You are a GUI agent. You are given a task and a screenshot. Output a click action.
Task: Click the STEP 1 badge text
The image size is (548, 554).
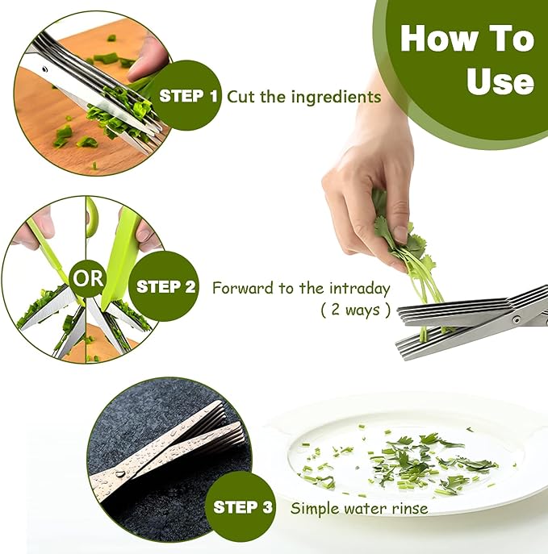[188, 96]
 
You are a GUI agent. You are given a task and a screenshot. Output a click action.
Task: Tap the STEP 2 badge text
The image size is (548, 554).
[165, 286]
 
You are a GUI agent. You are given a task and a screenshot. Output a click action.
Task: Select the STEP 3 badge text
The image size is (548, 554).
[243, 507]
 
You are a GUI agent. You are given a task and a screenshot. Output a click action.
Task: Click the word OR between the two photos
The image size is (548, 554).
[88, 278]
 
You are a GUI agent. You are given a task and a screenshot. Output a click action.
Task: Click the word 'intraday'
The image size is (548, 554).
[360, 289]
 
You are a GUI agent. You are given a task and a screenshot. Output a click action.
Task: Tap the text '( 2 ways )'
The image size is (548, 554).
[356, 310]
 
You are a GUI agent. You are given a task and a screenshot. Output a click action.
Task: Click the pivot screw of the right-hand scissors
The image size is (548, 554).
[517, 320]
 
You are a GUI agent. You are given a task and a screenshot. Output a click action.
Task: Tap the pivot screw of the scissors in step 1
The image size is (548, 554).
[45, 69]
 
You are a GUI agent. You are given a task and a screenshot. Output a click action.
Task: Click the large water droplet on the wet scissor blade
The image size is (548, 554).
[120, 474]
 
